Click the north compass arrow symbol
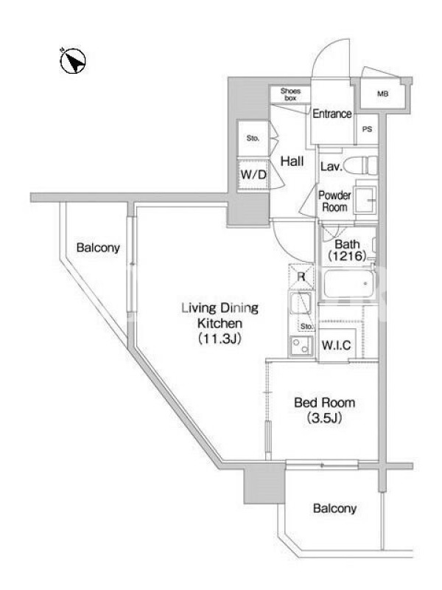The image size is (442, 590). pyautogui.click(x=73, y=61)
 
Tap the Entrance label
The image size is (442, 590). pyautogui.click(x=332, y=114)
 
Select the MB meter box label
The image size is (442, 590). pyautogui.click(x=382, y=94)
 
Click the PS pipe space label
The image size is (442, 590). pyautogui.click(x=367, y=129)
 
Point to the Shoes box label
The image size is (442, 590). pyautogui.click(x=290, y=94)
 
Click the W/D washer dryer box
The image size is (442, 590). pyautogui.click(x=253, y=174)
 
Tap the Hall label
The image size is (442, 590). pyautogui.click(x=292, y=161)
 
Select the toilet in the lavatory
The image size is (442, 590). pyautogui.click(x=361, y=165)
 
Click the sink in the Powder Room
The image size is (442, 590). pyautogui.click(x=365, y=200)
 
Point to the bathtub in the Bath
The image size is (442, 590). pyautogui.click(x=348, y=284)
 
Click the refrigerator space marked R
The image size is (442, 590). pyautogui.click(x=301, y=277)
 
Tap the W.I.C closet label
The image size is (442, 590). pyautogui.click(x=337, y=344)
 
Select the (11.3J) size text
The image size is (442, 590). pyautogui.click(x=220, y=339)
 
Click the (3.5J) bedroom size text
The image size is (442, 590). pyautogui.click(x=324, y=418)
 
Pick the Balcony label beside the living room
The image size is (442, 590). pyautogui.click(x=98, y=248)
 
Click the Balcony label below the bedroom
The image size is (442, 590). pyautogui.click(x=334, y=509)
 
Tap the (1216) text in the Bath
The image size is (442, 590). pyautogui.click(x=347, y=256)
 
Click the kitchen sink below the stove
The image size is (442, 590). pyautogui.click(x=301, y=345)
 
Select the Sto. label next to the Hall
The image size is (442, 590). pyautogui.click(x=253, y=138)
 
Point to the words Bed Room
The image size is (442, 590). pyautogui.click(x=324, y=403)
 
